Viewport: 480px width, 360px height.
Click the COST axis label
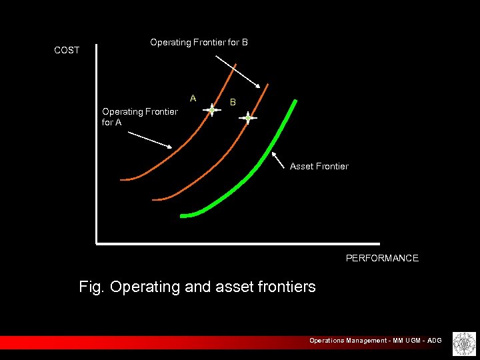point(67,50)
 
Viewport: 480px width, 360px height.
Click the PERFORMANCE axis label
point(382,258)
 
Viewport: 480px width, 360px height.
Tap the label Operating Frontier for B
point(199,42)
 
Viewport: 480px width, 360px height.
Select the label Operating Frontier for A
point(139,117)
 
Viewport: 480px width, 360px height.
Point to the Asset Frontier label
point(319,166)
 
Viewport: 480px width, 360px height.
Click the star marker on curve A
point(212,111)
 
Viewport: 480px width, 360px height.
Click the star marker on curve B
point(248,118)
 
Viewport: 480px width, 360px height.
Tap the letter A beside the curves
point(193,98)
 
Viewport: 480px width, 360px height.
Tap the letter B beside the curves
point(233,102)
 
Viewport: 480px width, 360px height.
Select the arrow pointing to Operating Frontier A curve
point(150,139)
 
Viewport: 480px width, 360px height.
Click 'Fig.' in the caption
point(92,287)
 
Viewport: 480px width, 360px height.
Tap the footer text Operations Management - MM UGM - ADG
point(375,341)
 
